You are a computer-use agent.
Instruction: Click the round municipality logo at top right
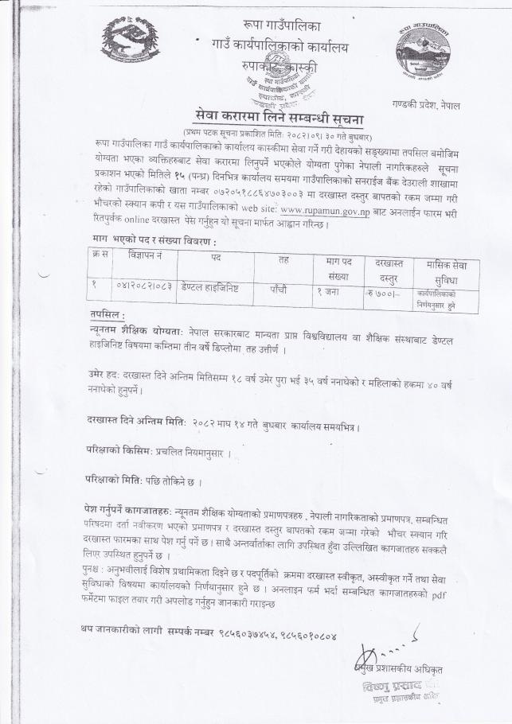pos(421,52)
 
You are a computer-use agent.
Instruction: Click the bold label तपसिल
pos(107,315)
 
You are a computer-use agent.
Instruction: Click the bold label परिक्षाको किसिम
pos(119,451)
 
